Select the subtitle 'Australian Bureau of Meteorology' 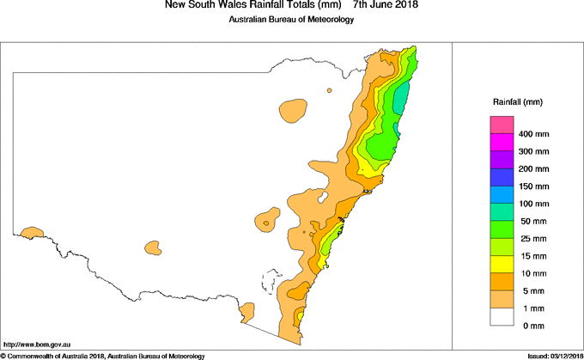pos(291,21)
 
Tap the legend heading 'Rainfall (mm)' pos(517,102)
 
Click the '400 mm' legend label pos(533,135)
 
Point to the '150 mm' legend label pos(533,186)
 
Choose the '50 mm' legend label pos(532,221)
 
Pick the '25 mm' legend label pos(532,238)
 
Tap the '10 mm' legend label pos(532,272)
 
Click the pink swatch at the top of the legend pos(502,125)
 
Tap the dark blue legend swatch pos(502,177)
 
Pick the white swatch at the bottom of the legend pos(502,315)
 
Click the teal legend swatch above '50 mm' pos(502,211)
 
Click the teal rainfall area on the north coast pos(401,103)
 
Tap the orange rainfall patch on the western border pos(33,232)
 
